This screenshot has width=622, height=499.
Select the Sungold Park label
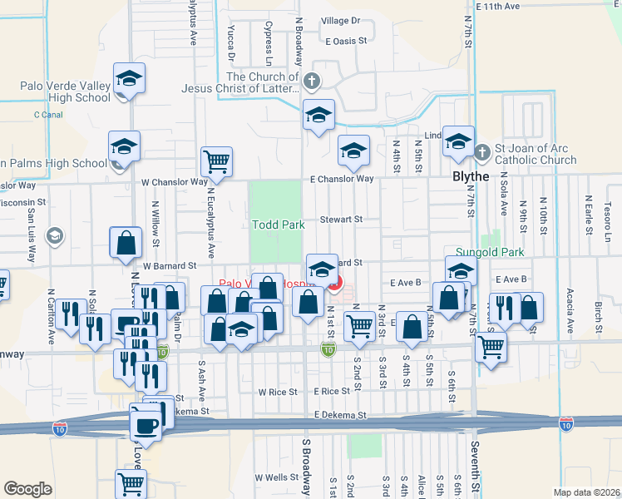tap(489, 251)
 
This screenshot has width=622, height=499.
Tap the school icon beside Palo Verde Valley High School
tap(129, 80)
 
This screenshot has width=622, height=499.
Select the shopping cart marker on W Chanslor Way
tap(216, 161)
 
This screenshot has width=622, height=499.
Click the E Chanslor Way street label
tap(341, 179)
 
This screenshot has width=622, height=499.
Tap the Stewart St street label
tap(343, 220)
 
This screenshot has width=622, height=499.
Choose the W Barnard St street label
tap(169, 266)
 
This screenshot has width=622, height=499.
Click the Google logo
tap(28, 489)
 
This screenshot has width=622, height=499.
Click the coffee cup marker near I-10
tap(146, 425)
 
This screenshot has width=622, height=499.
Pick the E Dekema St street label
tap(340, 414)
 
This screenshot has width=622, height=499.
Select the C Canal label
tap(47, 114)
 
